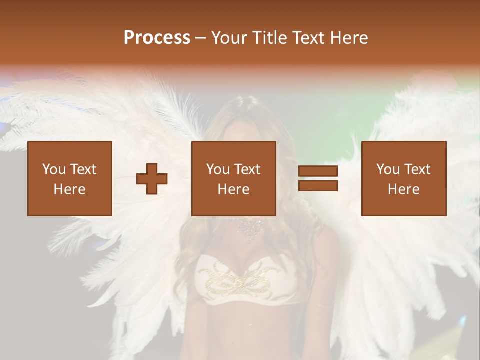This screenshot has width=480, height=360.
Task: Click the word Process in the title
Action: [157, 38]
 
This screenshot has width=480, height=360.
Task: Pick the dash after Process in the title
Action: [201, 38]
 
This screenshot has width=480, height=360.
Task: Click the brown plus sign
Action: [152, 179]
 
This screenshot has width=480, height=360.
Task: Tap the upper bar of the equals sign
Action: [318, 171]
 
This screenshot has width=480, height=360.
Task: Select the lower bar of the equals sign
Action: [318, 186]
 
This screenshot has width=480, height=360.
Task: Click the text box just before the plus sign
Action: [69, 178]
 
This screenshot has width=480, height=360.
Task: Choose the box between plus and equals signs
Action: [233, 178]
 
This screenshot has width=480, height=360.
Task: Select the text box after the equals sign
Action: [404, 178]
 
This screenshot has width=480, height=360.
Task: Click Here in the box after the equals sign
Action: [404, 189]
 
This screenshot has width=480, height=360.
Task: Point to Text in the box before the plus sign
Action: [83, 169]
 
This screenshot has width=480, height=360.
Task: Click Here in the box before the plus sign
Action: [69, 189]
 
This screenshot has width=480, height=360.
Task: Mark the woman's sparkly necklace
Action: [248, 229]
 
